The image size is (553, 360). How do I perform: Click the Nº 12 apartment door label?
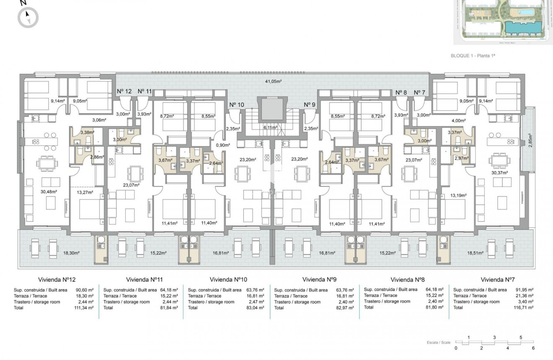[x=124, y=91]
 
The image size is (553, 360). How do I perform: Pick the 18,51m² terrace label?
[x=475, y=253]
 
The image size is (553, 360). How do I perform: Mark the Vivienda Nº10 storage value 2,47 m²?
[x=256, y=302]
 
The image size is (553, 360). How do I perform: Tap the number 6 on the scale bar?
[x=533, y=348]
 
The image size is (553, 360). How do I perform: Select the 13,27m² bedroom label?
[x=84, y=192]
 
